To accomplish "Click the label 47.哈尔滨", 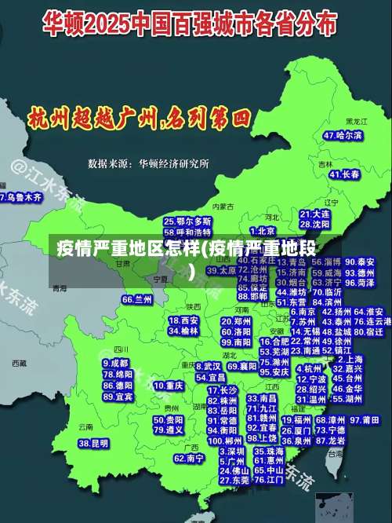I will (x=343, y=136).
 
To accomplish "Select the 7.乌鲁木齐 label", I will (x=20, y=198).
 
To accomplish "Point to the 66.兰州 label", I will (x=137, y=299).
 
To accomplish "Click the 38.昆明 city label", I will (x=93, y=443).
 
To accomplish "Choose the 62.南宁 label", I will (x=189, y=458).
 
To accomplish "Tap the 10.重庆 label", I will (x=169, y=386).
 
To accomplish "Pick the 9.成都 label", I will (x=116, y=364).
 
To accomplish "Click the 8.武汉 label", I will (x=209, y=366).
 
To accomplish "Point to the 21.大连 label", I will (x=315, y=214).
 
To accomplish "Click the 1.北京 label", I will (x=263, y=232).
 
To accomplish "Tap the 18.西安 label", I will (x=183, y=320).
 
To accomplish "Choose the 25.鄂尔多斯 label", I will (x=187, y=222).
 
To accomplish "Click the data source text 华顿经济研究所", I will (x=173, y=164).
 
